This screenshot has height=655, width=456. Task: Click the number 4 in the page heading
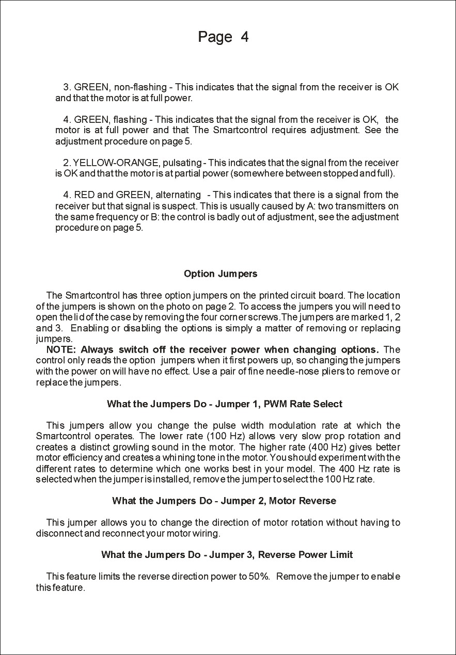click(244, 37)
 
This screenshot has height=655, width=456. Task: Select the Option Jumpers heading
click(221, 274)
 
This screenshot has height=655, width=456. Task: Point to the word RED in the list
click(84, 195)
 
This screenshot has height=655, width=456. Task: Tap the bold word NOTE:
click(61, 350)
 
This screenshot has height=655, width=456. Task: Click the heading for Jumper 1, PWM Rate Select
click(225, 404)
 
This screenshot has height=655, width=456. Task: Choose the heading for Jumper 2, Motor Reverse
click(224, 501)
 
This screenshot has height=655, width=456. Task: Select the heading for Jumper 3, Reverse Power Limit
click(227, 555)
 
